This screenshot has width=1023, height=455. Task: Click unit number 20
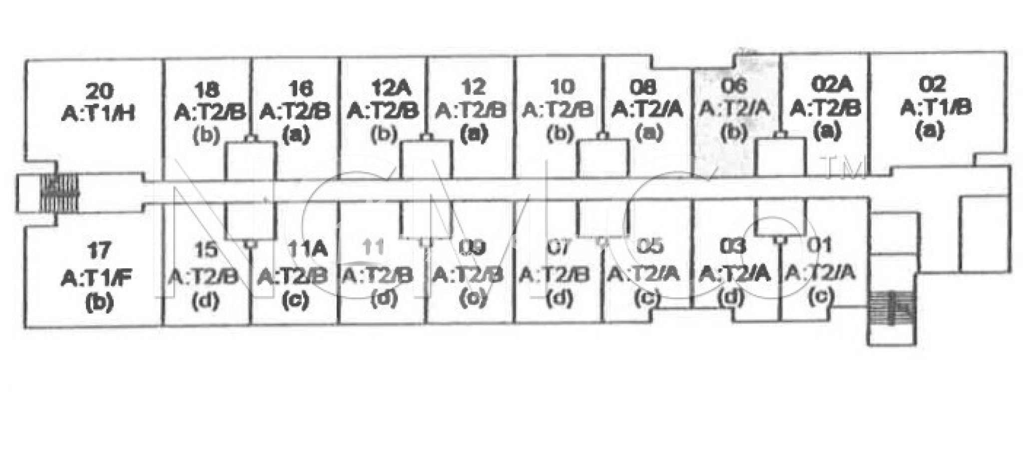coord(99,91)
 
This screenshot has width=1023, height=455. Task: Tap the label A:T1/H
coord(99,114)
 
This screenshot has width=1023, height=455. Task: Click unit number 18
coord(207,90)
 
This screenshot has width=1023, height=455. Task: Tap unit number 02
coord(932,84)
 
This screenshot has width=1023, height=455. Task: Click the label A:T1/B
coord(936,107)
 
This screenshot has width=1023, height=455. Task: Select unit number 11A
coord(307,248)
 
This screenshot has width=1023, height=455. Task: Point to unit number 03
coord(733,246)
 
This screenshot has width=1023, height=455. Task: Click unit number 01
coord(820,245)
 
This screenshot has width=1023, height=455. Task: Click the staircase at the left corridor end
coord(59,192)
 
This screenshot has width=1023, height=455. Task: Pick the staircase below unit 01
coord(892,307)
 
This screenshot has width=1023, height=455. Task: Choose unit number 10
coord(562,87)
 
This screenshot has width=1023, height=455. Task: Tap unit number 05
coord(651,246)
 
